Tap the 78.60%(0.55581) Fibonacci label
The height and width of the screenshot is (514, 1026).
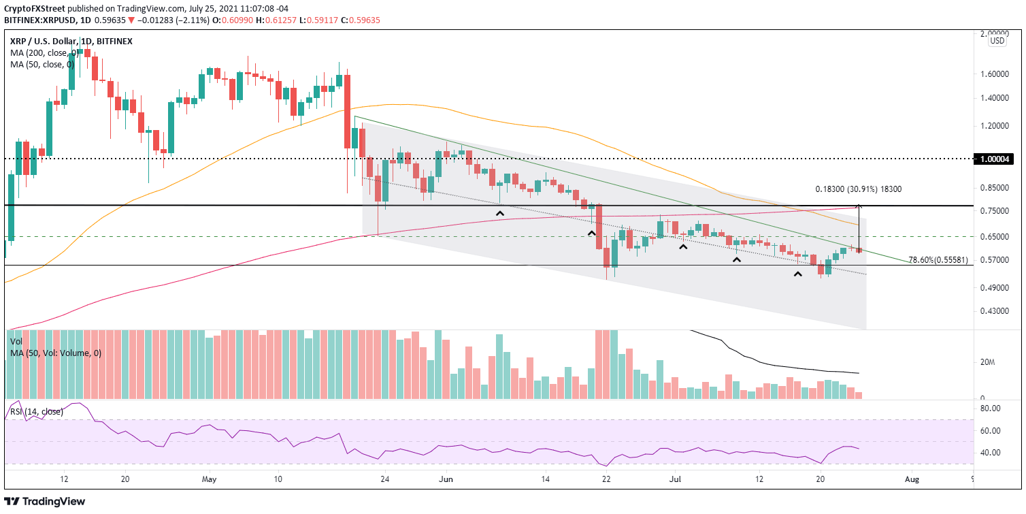click(940, 260)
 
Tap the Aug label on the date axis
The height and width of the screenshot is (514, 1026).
click(912, 479)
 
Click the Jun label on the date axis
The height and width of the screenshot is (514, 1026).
click(446, 479)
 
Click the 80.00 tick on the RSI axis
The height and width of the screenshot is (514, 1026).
click(991, 408)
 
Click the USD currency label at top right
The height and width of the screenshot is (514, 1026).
click(997, 41)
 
